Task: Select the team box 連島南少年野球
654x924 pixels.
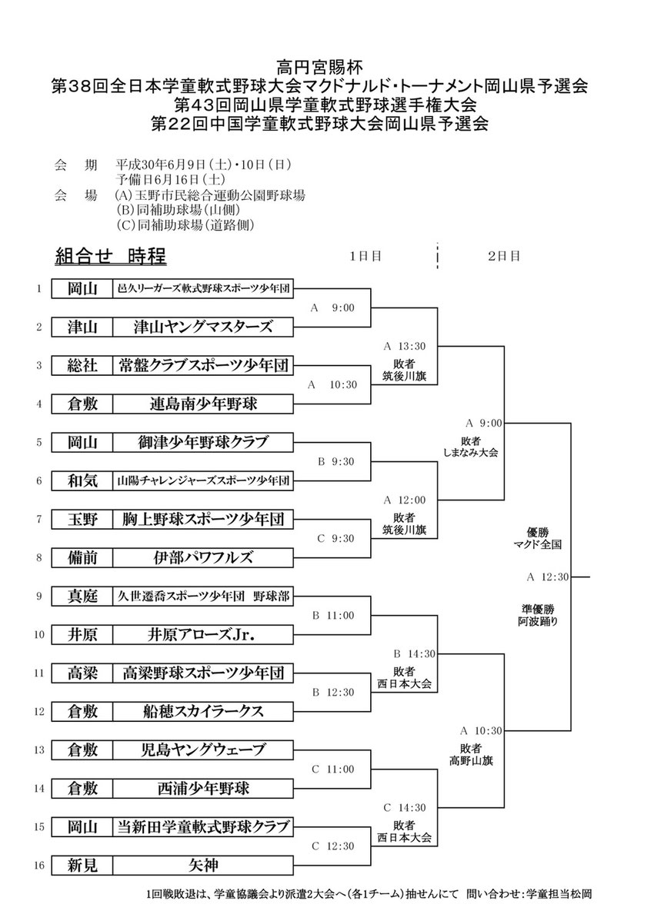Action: [203, 402]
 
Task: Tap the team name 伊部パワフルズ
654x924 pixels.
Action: [203, 557]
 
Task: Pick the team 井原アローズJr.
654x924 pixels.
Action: [203, 634]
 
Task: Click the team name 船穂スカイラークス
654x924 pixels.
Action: [203, 711]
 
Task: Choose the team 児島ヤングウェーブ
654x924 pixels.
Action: [203, 750]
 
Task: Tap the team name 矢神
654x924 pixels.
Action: [203, 866]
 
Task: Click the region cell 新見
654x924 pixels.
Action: [82, 866]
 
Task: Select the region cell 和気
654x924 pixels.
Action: [82, 481]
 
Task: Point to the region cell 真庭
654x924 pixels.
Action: [82, 596]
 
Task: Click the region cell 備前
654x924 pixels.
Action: [82, 557]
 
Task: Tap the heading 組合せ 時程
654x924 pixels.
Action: [111, 255]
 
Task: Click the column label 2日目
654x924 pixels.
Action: [504, 255]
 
